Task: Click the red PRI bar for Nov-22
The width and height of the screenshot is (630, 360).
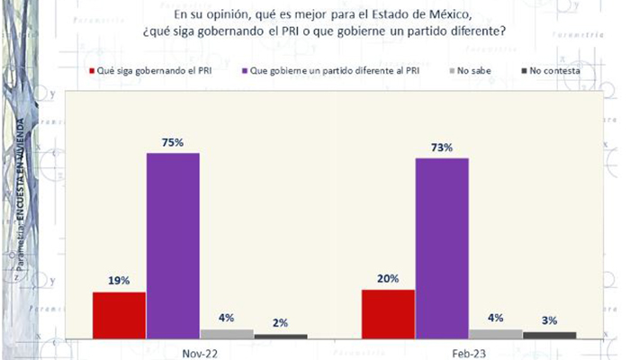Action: tap(119, 315)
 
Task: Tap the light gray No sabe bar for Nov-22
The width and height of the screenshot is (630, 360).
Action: tap(227, 333)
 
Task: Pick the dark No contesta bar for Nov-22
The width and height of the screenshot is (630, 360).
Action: tap(281, 336)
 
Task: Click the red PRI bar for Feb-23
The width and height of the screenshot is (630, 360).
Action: tap(388, 314)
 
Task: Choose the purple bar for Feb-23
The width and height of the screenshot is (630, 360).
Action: tap(442, 248)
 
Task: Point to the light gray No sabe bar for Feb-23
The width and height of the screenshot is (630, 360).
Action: tap(496, 334)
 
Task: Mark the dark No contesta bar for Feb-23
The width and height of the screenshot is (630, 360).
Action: tap(549, 335)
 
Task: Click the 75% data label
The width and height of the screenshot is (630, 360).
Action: tap(173, 142)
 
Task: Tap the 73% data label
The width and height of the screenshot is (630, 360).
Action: tap(442, 147)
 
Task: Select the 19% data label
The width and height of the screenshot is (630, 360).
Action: tap(119, 280)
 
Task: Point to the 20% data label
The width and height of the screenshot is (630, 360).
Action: tap(388, 278)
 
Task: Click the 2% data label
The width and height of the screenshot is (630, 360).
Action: tap(281, 322)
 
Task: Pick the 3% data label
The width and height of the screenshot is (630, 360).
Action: tap(549, 319)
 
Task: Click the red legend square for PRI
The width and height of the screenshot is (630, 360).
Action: tap(93, 69)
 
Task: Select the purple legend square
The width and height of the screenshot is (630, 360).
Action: tap(247, 69)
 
